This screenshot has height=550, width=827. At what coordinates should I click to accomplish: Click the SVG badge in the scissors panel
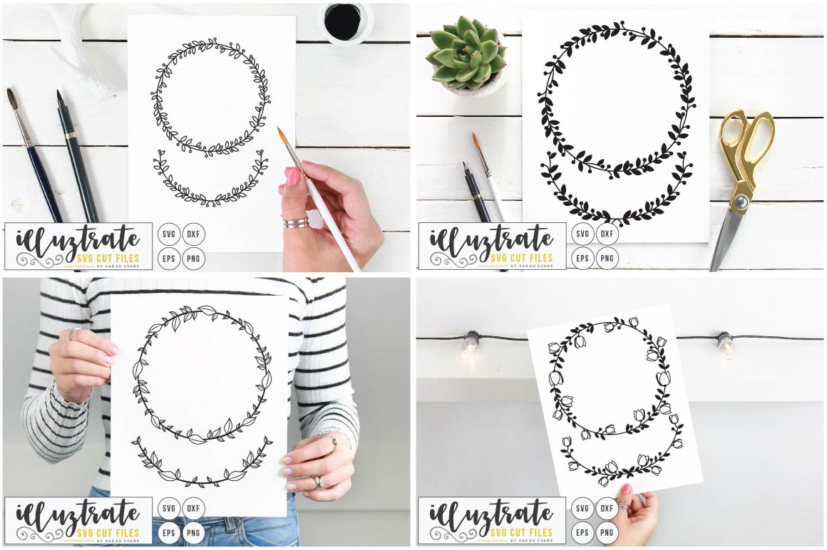[x=582, y=234]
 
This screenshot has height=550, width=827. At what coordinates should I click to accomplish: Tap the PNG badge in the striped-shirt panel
[x=193, y=532]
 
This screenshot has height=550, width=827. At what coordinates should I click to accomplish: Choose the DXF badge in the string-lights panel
[x=607, y=509]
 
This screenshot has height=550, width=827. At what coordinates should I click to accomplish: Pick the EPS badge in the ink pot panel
[x=169, y=258]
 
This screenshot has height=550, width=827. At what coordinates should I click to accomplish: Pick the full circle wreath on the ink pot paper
[x=211, y=97]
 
